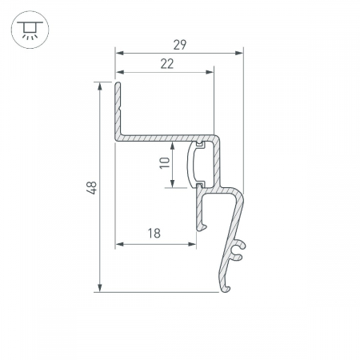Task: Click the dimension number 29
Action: pyautogui.click(x=180, y=45)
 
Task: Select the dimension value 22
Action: pyautogui.click(x=167, y=64)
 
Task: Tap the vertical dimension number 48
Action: pyautogui.click(x=92, y=188)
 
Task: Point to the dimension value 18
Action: pyautogui.click(x=154, y=233)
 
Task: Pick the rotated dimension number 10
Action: pyautogui.click(x=165, y=163)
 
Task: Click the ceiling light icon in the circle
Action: pyautogui.click(x=30, y=30)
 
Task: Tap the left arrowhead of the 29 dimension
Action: pyautogui.click(x=119, y=53)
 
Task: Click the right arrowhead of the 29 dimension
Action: pyautogui.click(x=239, y=53)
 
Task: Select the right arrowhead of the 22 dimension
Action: pyautogui.click(x=210, y=72)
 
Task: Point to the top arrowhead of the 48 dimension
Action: pyautogui.click(x=100, y=86)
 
